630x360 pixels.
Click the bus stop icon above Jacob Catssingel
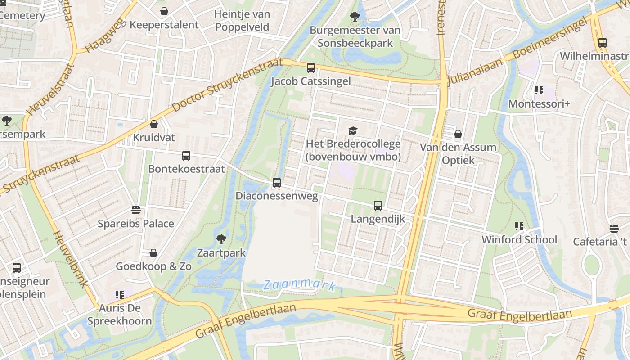(x=311, y=68)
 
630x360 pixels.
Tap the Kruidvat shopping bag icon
(x=154, y=124)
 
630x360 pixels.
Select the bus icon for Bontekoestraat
(x=186, y=156)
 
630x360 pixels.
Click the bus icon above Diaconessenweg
(x=277, y=183)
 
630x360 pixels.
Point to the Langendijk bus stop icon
(x=378, y=206)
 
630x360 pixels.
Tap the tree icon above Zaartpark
(x=221, y=239)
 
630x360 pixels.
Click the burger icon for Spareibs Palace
(x=136, y=210)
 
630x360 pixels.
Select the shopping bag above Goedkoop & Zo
(x=153, y=253)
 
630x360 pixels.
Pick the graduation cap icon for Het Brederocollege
(x=353, y=130)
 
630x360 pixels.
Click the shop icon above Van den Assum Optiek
(x=458, y=134)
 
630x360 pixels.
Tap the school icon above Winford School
(x=519, y=226)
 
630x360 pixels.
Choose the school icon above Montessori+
(x=539, y=90)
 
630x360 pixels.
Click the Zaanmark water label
(x=300, y=284)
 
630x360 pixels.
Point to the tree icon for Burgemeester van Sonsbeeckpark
(x=355, y=17)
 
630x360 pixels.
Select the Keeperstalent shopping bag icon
(x=164, y=11)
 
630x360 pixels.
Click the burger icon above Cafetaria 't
(x=614, y=228)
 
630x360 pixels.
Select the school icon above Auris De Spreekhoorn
(x=119, y=295)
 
